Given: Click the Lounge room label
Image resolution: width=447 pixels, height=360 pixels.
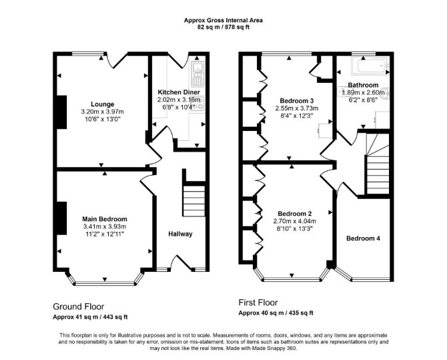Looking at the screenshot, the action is coord(102,104).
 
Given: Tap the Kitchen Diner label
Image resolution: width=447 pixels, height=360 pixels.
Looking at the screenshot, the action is coord(179,92).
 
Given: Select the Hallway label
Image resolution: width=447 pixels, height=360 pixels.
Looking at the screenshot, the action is coord(180,234).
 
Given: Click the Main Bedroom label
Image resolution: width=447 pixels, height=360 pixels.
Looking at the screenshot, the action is coord(105,219).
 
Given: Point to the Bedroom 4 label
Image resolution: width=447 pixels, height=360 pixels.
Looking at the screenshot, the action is coord(363,238).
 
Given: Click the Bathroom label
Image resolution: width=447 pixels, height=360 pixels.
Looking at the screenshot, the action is coord(363,85).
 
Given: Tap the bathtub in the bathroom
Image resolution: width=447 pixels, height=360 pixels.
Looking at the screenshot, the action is coord(370,66).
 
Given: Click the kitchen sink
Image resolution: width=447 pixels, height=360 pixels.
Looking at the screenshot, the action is coord(197,74).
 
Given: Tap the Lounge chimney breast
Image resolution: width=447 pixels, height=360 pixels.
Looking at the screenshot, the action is coord(62,112).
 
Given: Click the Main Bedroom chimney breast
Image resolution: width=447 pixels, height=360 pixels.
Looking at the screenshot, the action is coord(62,218).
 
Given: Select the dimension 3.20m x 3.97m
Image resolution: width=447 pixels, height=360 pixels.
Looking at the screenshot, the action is coord(102,112).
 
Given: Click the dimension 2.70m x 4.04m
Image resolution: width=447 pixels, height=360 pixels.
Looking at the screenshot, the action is coord(294,221).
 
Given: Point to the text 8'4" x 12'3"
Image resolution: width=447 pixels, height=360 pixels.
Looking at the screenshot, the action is coord(296,116).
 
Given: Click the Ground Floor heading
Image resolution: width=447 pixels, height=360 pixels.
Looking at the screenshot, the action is coord(79,307).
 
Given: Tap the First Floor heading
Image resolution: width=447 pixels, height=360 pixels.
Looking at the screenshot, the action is coord(258,303).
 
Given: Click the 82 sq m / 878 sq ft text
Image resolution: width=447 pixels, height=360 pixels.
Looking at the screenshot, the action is coord(223,27).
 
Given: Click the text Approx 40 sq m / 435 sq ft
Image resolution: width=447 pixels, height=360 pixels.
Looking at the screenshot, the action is coord(276,313).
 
